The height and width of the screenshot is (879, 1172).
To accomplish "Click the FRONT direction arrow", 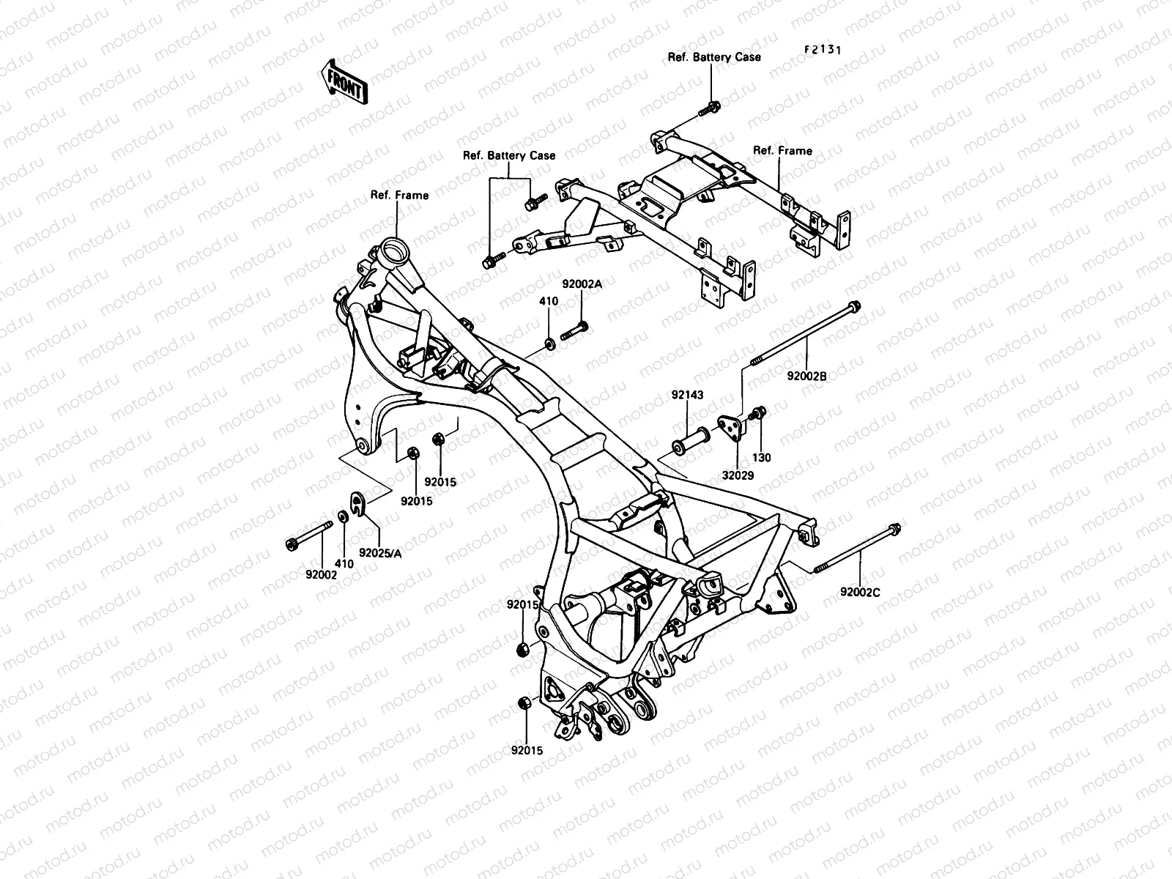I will [344, 81].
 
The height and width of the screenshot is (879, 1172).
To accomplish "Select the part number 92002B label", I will [806, 376].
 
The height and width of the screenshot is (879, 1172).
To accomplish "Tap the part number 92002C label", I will [860, 591].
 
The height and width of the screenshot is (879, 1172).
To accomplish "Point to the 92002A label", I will [582, 284].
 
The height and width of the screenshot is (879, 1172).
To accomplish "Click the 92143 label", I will [687, 395].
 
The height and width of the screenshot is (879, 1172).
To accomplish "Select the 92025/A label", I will [380, 554].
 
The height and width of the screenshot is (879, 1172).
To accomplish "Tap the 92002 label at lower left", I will [321, 576].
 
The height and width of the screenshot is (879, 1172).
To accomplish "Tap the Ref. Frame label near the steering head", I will [399, 195].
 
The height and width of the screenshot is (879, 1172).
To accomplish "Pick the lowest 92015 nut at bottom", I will [524, 703].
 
